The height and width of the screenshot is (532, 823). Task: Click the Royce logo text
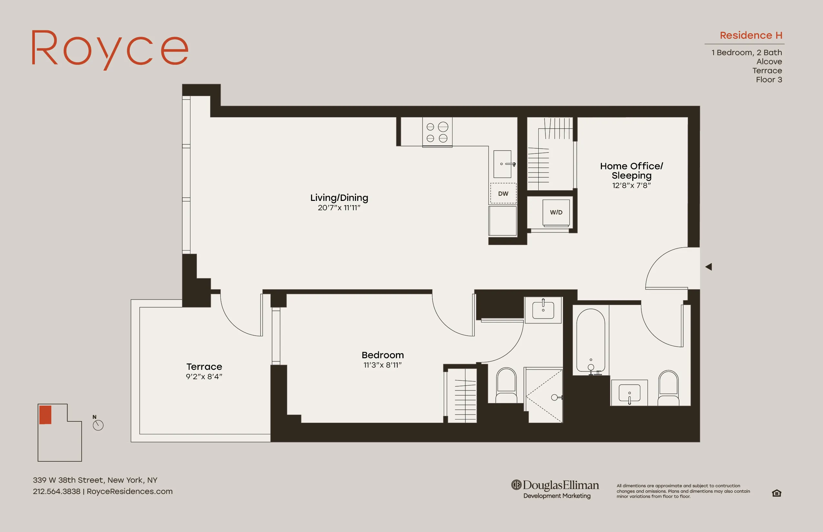110,48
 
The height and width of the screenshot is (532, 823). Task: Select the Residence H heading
751,35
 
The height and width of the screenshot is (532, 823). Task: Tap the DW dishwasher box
503,193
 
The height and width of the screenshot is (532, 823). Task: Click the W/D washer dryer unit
556,212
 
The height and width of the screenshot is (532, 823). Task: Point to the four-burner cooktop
437,132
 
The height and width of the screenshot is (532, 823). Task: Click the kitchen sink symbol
502,164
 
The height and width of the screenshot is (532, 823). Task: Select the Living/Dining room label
339,198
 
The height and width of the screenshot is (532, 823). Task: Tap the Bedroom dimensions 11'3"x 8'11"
382,365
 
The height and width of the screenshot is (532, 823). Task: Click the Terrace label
204,367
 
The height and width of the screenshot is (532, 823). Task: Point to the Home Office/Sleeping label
631,171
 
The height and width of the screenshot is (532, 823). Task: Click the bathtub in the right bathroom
591,340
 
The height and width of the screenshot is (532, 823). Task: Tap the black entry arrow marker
708,267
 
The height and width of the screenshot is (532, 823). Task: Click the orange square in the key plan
45,415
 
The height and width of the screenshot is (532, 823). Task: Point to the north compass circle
98,425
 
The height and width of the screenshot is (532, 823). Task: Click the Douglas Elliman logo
555,488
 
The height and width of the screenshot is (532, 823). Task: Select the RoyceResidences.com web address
130,491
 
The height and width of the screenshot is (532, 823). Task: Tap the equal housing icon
776,493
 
